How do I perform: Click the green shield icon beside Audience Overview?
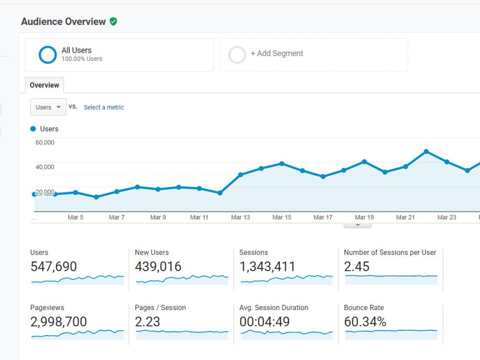[x=113, y=22]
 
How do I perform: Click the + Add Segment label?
[x=277, y=53]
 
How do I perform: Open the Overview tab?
[x=44, y=85]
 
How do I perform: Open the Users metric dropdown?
[x=48, y=107]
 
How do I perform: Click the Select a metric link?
[x=104, y=108]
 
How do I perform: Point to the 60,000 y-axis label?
[x=45, y=143]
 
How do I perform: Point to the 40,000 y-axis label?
[x=45, y=167]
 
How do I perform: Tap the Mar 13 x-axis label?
[x=240, y=217]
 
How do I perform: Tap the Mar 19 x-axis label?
[x=364, y=217]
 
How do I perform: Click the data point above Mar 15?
[x=282, y=164]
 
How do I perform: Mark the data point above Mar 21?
[x=406, y=167]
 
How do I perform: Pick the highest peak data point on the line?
[x=426, y=152]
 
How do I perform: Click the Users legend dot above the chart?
[x=33, y=129]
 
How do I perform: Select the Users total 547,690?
[x=54, y=266]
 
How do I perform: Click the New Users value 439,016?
[x=158, y=266]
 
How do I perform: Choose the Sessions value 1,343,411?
[x=267, y=266]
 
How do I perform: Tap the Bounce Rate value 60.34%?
[x=365, y=322]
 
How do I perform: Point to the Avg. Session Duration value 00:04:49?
[x=264, y=322]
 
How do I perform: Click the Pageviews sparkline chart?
[x=77, y=335]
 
